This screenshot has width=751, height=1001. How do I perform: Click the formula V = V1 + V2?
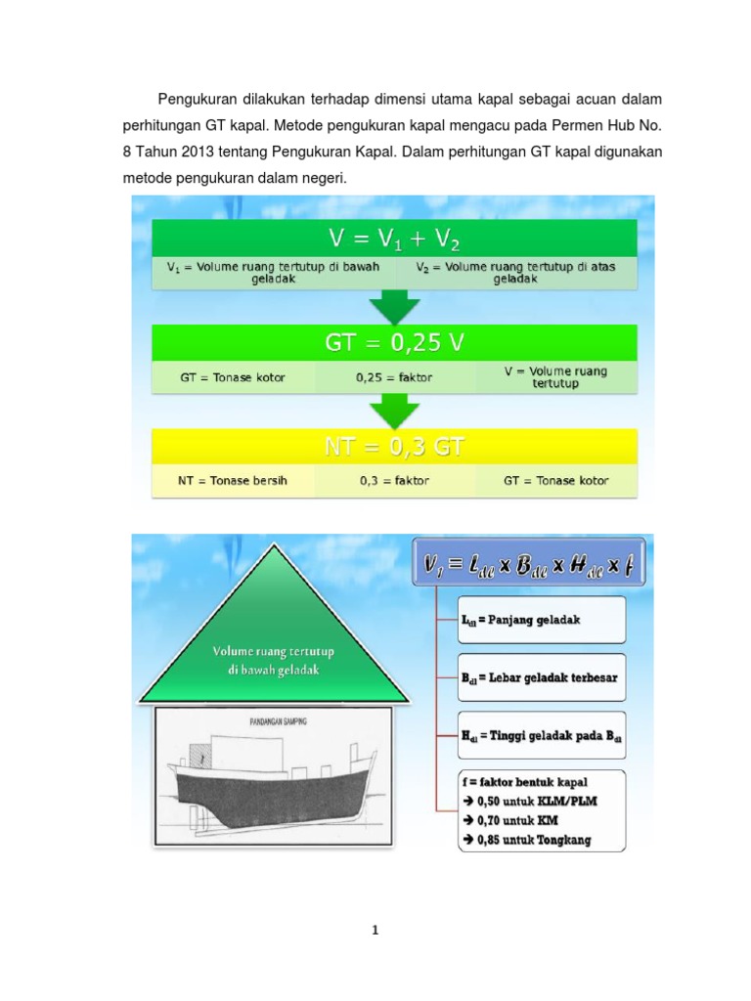(x=394, y=239)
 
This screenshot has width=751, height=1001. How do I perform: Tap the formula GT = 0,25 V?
(x=394, y=344)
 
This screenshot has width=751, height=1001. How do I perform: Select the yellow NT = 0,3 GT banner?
(x=394, y=448)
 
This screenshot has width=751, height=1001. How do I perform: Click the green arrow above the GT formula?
(x=394, y=306)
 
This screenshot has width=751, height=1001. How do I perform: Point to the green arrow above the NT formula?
(x=394, y=411)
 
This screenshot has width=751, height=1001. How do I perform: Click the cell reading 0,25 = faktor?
(x=394, y=377)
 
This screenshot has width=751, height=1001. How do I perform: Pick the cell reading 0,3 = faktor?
(x=394, y=481)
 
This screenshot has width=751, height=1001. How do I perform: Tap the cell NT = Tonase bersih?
(x=233, y=481)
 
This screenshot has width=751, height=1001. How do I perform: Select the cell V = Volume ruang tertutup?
(x=554, y=377)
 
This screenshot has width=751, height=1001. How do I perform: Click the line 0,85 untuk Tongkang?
(x=533, y=841)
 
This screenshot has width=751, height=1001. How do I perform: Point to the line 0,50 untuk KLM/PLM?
(x=533, y=801)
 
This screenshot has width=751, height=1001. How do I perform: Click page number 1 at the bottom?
(x=375, y=931)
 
